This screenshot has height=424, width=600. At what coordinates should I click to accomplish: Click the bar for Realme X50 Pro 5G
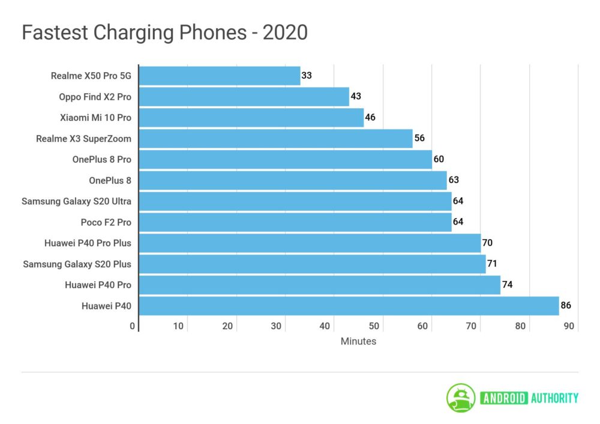tap(220, 76)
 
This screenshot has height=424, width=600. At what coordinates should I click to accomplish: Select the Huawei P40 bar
tap(349, 306)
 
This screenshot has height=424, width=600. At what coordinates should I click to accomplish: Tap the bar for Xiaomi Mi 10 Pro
tap(251, 118)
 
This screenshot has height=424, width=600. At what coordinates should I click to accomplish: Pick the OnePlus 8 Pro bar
tap(286, 160)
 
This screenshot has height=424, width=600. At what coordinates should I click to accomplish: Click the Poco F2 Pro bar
tap(295, 222)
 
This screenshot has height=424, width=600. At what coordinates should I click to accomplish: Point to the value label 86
tap(565, 306)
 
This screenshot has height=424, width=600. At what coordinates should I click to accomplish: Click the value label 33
tap(307, 76)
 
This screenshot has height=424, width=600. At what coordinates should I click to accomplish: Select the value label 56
tap(419, 138)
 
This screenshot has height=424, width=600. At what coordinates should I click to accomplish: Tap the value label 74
tap(507, 285)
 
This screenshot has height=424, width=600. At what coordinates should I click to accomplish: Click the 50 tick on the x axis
tap(374, 326)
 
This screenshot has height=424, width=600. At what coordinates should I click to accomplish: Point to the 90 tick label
tap(569, 326)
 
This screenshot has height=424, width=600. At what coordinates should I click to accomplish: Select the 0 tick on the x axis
tap(133, 326)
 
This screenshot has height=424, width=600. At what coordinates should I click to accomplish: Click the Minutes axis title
tap(358, 341)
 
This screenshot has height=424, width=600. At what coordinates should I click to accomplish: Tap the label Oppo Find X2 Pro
tap(95, 97)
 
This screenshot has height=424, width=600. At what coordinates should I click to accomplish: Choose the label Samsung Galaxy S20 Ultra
tap(76, 201)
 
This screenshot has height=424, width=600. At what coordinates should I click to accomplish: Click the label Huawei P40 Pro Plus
tap(88, 243)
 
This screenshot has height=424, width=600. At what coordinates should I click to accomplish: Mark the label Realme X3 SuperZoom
tap(83, 139)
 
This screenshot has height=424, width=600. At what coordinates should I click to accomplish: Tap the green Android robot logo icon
tap(461, 398)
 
